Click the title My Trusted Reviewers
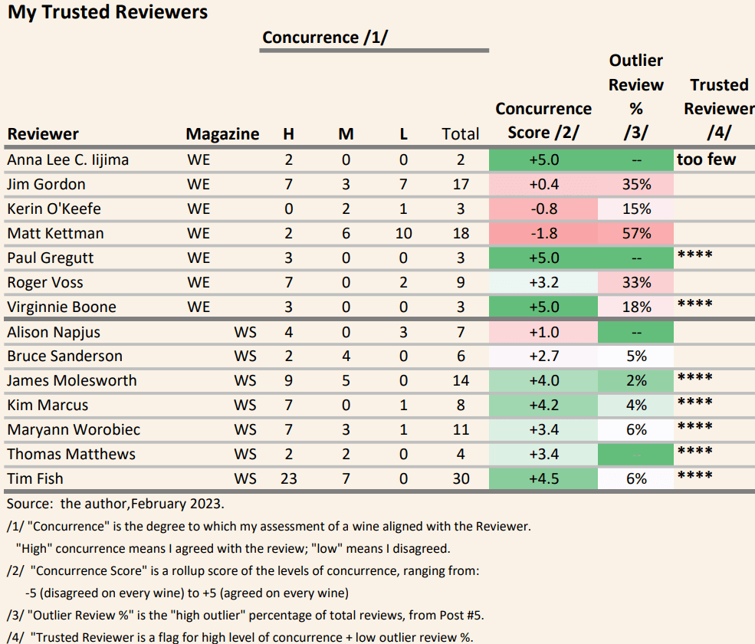coord(107,12)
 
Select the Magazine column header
coord(222,134)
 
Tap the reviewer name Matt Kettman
coord(55,233)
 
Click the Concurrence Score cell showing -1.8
coord(543,233)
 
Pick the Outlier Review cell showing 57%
coord(636,233)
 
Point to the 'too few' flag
coord(706,159)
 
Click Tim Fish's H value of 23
coord(288,478)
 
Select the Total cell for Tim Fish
coord(461,478)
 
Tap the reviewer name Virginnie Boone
coord(61,307)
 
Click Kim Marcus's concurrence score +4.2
coord(543,405)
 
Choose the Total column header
coord(461,134)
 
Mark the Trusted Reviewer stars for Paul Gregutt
coord(695,255)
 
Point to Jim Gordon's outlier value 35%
coord(636,184)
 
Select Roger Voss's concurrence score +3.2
coord(543,282)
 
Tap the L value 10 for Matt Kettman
coord(404,233)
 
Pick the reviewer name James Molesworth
coord(72,380)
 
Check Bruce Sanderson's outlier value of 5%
coord(636,356)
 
